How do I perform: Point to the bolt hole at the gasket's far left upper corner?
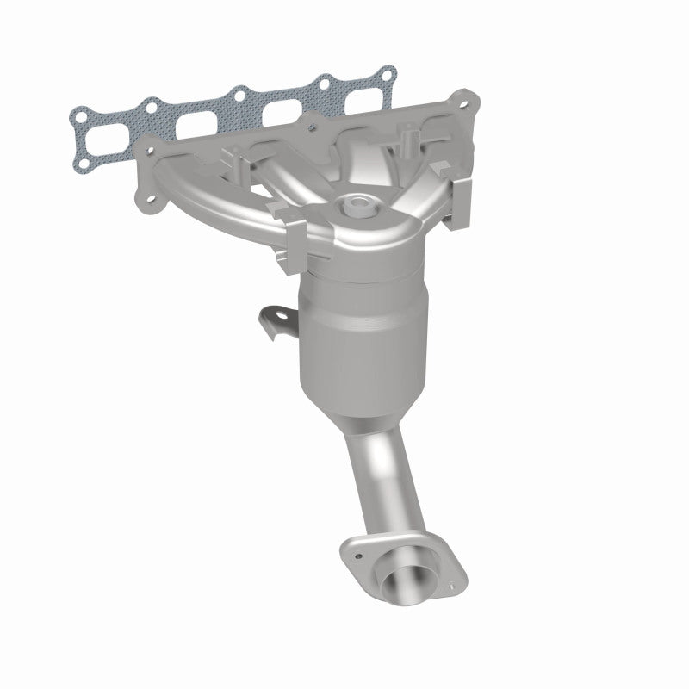tap(78, 112)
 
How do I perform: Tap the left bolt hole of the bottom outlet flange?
tap(354, 548)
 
